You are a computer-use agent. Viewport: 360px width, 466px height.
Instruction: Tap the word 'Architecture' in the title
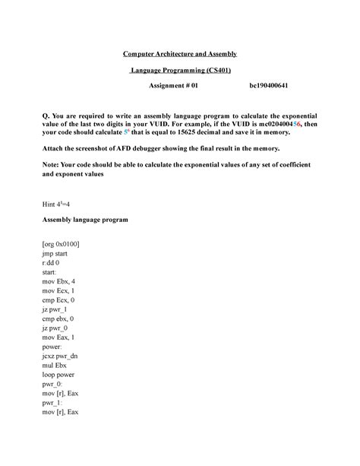tap(179, 54)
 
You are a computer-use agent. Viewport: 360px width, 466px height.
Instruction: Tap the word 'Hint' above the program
tap(50, 204)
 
